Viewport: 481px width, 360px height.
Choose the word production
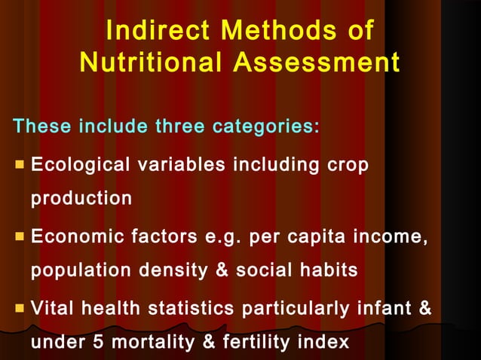81,200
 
